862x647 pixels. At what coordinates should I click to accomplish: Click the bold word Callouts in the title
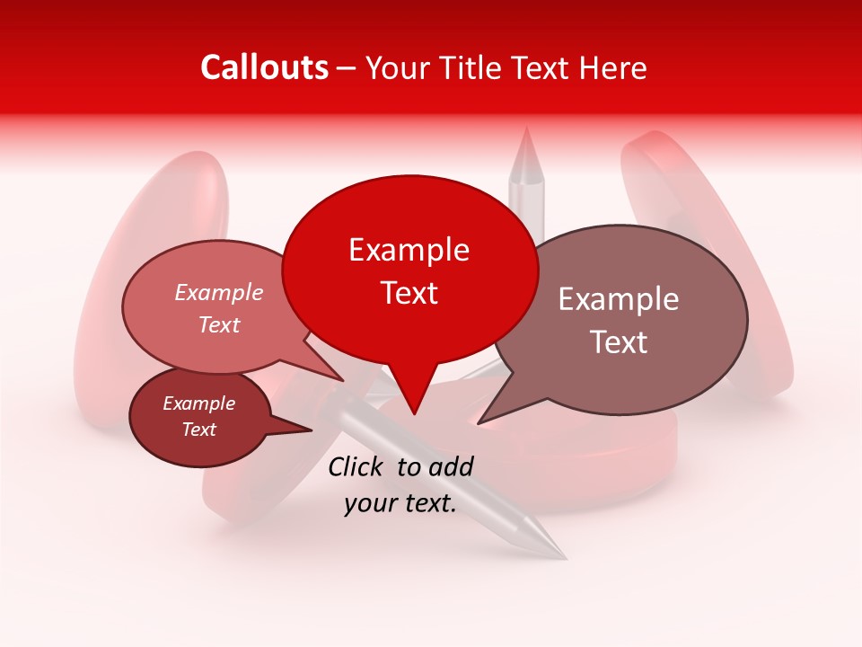point(264,67)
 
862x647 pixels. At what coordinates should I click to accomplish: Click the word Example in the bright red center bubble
point(409,250)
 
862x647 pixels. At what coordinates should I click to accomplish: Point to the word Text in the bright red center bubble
point(409,293)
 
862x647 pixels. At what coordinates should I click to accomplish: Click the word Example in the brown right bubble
point(619,299)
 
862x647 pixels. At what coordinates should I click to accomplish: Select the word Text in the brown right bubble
point(619,342)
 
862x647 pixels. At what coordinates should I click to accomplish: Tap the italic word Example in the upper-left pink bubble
point(218,292)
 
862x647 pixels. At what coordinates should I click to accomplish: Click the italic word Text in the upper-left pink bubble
point(218,324)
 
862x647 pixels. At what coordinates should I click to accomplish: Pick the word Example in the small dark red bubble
point(198,403)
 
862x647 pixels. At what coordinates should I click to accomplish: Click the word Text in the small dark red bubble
point(198,430)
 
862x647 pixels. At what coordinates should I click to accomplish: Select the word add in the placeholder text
point(452,466)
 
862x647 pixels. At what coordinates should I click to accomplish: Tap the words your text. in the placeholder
point(400,503)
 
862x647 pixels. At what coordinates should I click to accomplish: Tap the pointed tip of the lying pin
point(565,557)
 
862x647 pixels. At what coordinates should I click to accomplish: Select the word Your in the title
point(396,67)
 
